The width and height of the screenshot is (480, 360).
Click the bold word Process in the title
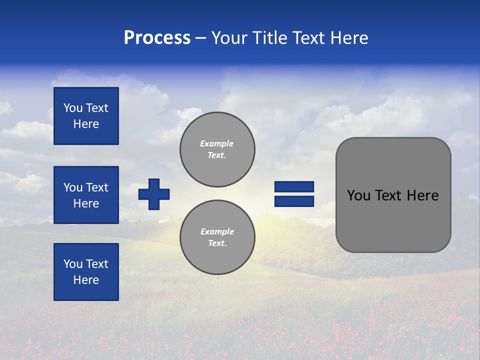(x=157, y=38)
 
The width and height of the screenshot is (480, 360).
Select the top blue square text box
(x=86, y=116)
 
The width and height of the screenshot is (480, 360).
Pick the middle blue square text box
(x=86, y=195)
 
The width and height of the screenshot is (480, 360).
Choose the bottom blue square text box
(x=86, y=271)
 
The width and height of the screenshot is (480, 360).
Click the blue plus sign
(x=154, y=194)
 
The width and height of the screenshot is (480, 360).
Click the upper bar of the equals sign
(x=294, y=186)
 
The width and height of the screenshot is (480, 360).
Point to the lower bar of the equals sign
(x=294, y=201)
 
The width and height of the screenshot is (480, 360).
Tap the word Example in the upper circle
(x=216, y=143)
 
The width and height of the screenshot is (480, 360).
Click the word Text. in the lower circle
(x=217, y=243)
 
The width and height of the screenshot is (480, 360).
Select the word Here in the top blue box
(x=86, y=124)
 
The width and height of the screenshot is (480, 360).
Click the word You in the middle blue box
(x=72, y=187)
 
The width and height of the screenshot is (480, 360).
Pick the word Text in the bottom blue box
(x=96, y=264)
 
